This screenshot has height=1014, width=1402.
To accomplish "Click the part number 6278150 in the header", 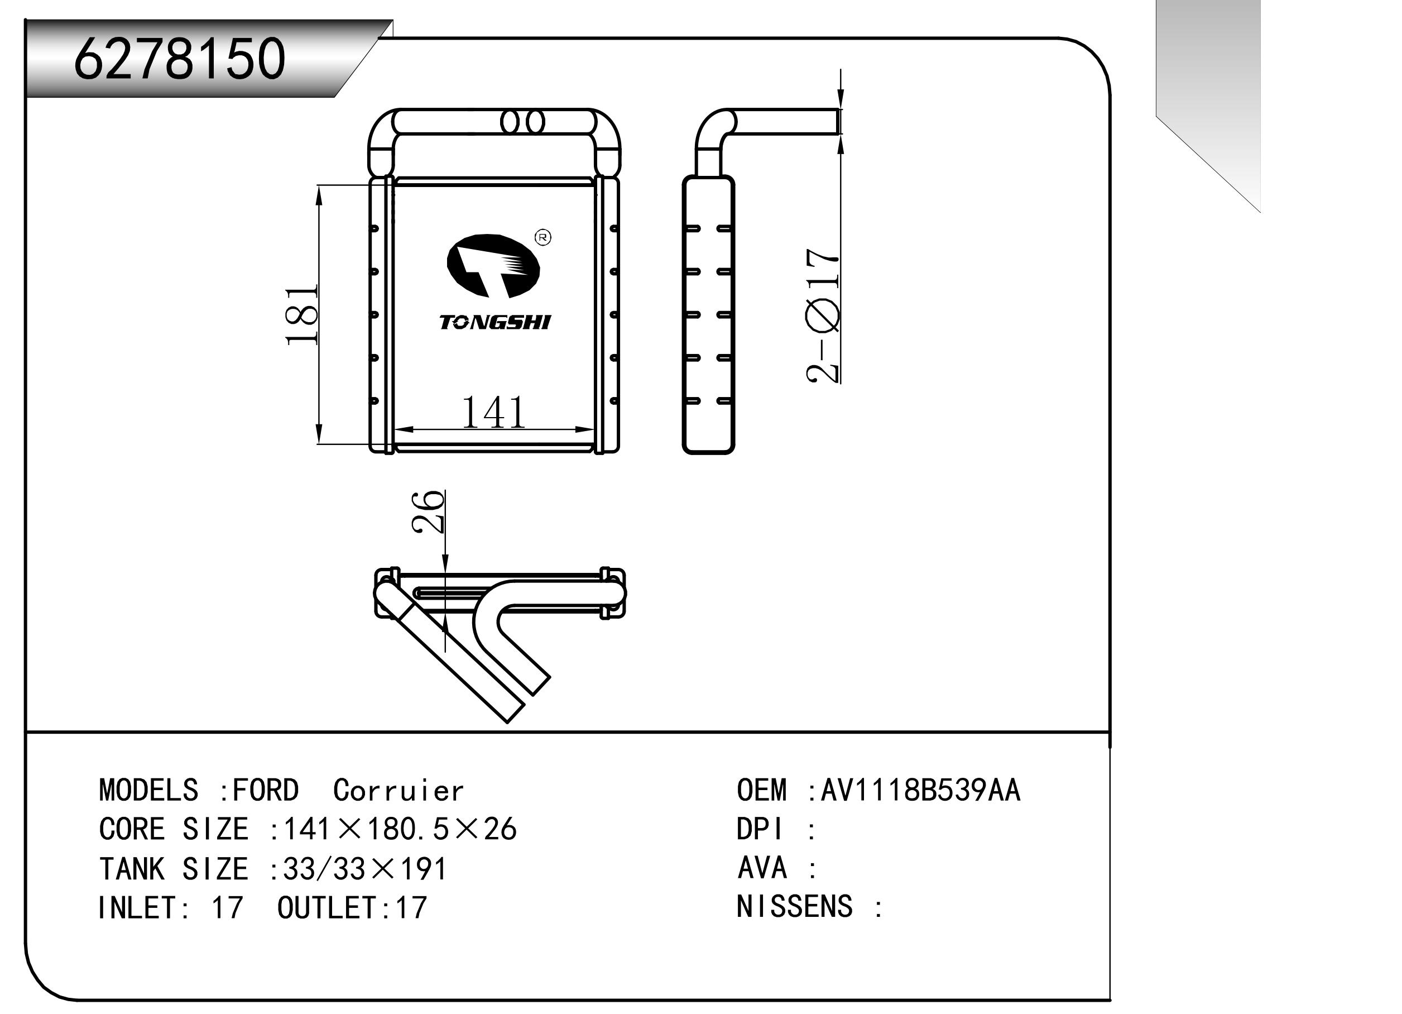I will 179,59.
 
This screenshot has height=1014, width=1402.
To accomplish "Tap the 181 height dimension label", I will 302,315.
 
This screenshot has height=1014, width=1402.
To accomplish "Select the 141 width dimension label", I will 493,413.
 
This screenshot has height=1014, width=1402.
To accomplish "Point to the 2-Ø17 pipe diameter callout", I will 823,315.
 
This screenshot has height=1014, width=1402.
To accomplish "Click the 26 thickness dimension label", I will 428,511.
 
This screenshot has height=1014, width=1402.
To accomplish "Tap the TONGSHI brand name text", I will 494,322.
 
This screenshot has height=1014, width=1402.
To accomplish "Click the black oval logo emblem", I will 493,266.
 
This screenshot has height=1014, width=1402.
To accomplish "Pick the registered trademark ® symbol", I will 542,237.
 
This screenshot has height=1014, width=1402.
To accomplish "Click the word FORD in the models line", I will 265,791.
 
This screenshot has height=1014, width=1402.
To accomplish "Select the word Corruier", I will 398,791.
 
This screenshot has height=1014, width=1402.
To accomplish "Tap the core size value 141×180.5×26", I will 399,829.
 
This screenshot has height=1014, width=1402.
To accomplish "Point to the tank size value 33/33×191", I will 364,869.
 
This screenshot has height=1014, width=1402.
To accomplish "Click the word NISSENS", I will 794,906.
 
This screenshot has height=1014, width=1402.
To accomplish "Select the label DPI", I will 760,829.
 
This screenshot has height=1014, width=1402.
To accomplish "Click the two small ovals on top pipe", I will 522,122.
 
